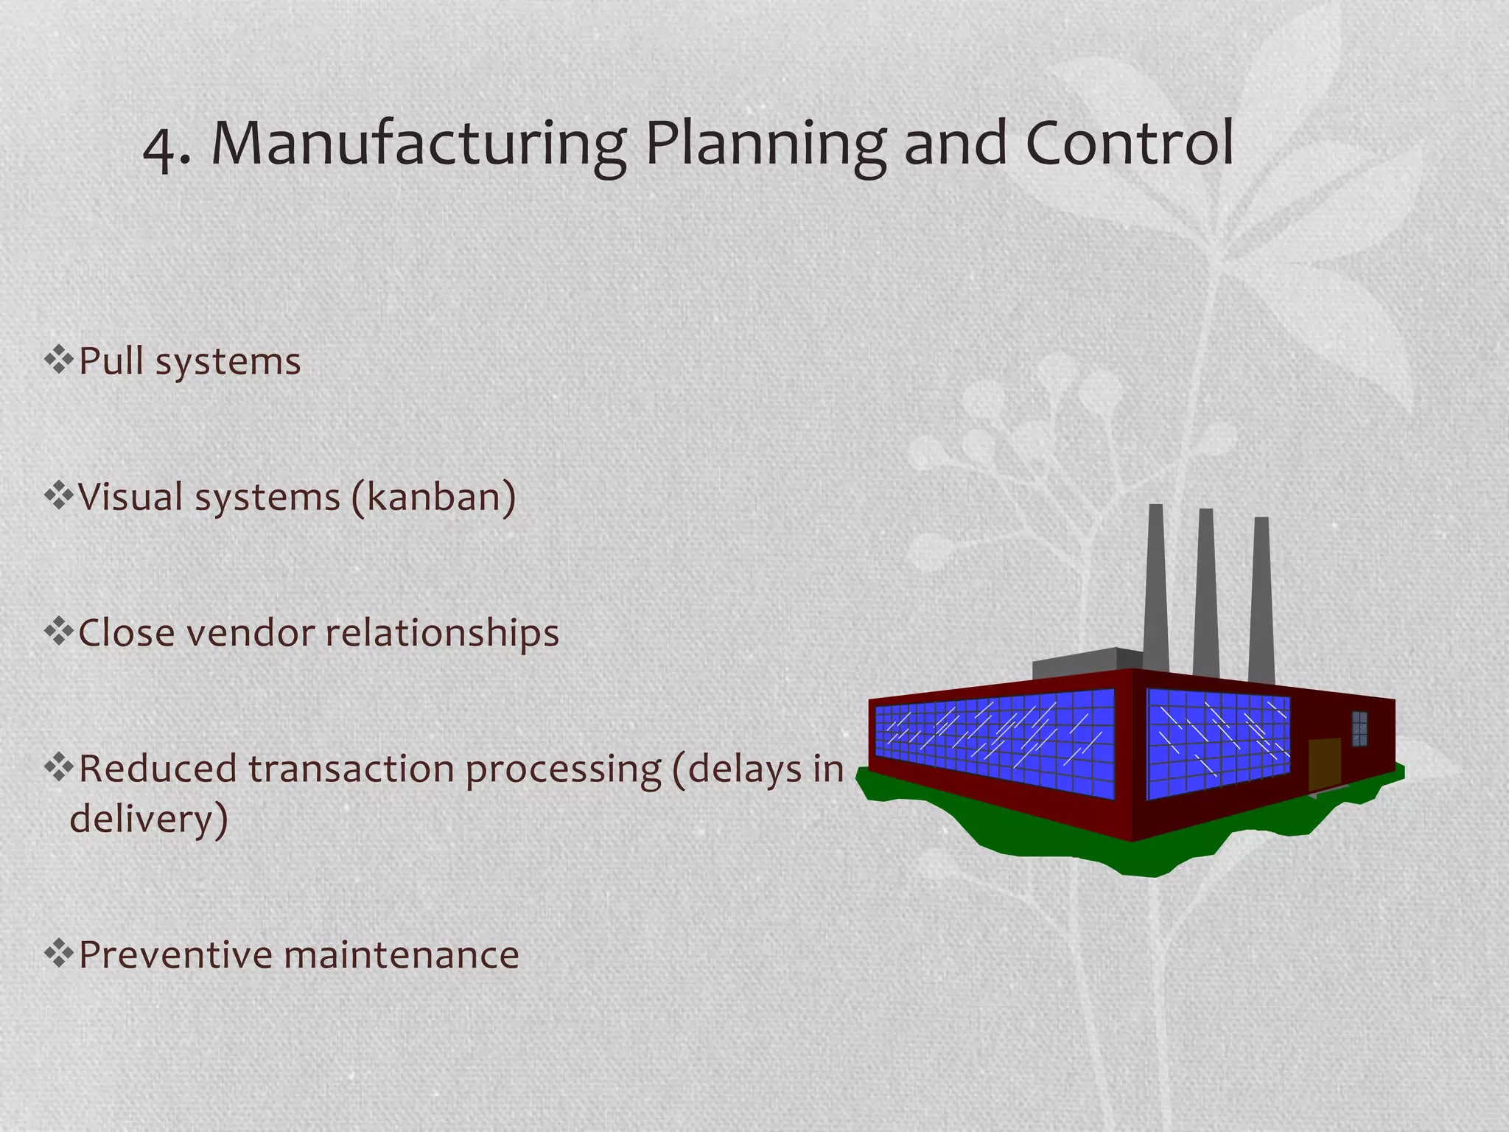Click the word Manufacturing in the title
tap(419, 144)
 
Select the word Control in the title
tap(1129, 143)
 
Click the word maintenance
tap(402, 954)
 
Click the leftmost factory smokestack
tap(1155, 590)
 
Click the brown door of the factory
tap(1324, 765)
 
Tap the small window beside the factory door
tap(1359, 729)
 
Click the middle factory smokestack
tap(1206, 593)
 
